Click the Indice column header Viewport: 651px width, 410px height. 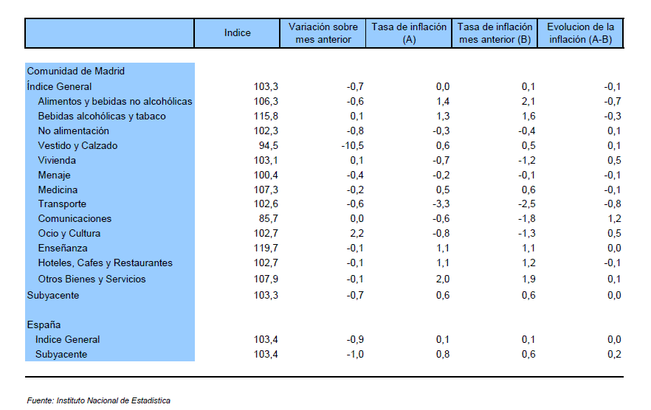click(237, 32)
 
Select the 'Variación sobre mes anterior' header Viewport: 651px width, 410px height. click(323, 32)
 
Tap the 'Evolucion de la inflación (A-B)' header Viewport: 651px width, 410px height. click(580, 32)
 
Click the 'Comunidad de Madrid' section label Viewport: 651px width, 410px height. click(75, 71)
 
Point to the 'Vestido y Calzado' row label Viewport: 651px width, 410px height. click(77, 146)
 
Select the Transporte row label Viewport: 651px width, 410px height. click(62, 204)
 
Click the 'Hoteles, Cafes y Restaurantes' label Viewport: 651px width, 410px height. click(105, 263)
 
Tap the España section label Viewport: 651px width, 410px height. click(44, 324)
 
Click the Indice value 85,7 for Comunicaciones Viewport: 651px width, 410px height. click(268, 219)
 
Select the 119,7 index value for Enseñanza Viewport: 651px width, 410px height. click(266, 249)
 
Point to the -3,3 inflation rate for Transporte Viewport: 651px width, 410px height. click(441, 204)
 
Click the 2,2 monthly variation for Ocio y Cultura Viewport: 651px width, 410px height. click(356, 233)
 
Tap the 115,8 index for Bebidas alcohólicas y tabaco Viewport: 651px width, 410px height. click(266, 117)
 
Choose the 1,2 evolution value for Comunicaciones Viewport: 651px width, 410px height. click(614, 219)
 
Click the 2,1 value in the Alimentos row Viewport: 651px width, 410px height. click(528, 101)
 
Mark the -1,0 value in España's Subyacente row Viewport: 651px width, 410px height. click(355, 355)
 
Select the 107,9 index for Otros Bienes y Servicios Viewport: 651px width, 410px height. click(266, 279)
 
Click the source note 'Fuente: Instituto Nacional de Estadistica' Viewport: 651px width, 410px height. click(98, 400)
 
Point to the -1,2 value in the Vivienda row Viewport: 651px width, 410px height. click(527, 160)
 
